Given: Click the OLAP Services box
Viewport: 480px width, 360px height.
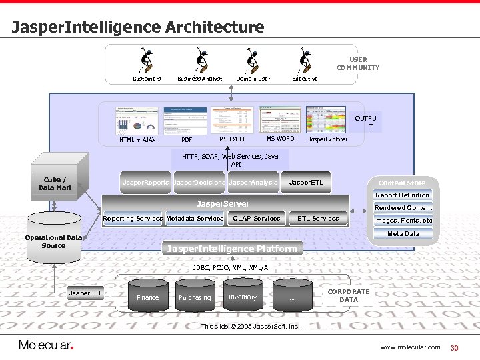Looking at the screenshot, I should (x=257, y=219).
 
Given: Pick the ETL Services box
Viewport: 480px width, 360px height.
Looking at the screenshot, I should (x=318, y=219).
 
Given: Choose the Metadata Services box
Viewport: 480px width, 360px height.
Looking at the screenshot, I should (x=195, y=219).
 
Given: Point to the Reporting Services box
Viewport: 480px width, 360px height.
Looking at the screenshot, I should (x=133, y=219).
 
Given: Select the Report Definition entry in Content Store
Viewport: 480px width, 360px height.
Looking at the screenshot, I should (x=402, y=195).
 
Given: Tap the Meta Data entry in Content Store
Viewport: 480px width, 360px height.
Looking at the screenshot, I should (x=403, y=233).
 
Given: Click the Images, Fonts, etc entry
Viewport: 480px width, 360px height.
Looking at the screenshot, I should (x=403, y=221).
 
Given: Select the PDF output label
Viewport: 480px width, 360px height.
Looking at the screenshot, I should (x=187, y=140).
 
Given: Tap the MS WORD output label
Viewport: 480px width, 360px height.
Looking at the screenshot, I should (x=280, y=139).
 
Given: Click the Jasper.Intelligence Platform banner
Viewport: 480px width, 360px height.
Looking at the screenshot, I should (x=232, y=249).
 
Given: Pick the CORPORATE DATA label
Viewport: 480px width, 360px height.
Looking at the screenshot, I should (x=349, y=295).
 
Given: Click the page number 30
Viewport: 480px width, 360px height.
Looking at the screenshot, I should (x=456, y=347).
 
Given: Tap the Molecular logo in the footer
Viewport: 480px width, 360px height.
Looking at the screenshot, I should (x=45, y=345).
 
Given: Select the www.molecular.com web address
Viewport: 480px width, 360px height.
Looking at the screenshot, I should (x=410, y=347).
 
